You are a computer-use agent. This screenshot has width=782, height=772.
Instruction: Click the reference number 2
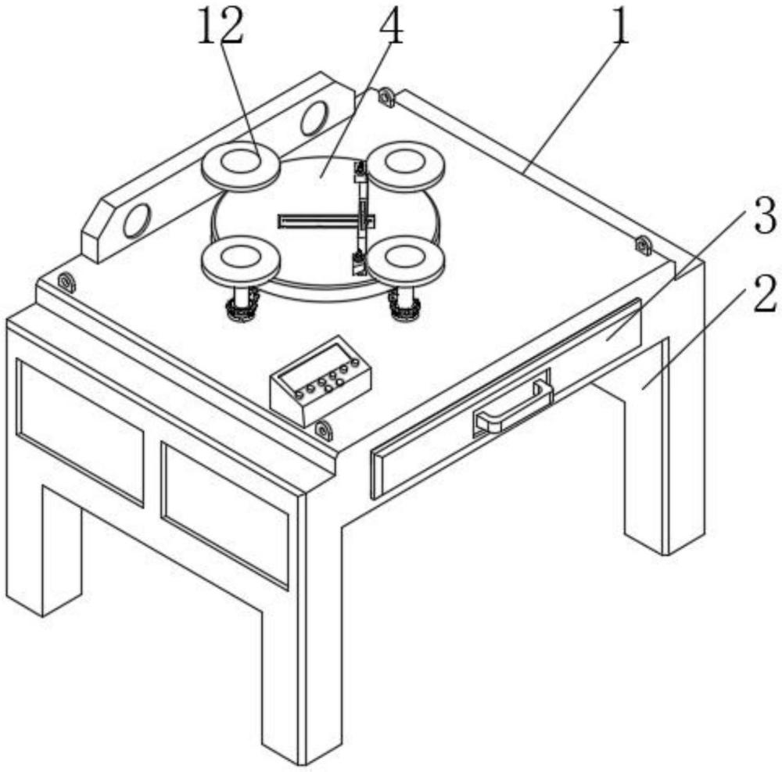(764, 296)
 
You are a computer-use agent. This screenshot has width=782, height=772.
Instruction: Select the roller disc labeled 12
(242, 164)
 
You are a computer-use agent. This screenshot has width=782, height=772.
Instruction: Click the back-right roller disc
(406, 163)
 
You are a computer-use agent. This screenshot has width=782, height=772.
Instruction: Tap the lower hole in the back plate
(137, 221)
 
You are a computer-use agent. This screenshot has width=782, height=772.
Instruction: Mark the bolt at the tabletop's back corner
(386, 97)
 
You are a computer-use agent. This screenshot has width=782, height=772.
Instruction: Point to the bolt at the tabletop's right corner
(643, 246)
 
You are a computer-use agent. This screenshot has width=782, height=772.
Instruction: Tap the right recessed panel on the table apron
(224, 513)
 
